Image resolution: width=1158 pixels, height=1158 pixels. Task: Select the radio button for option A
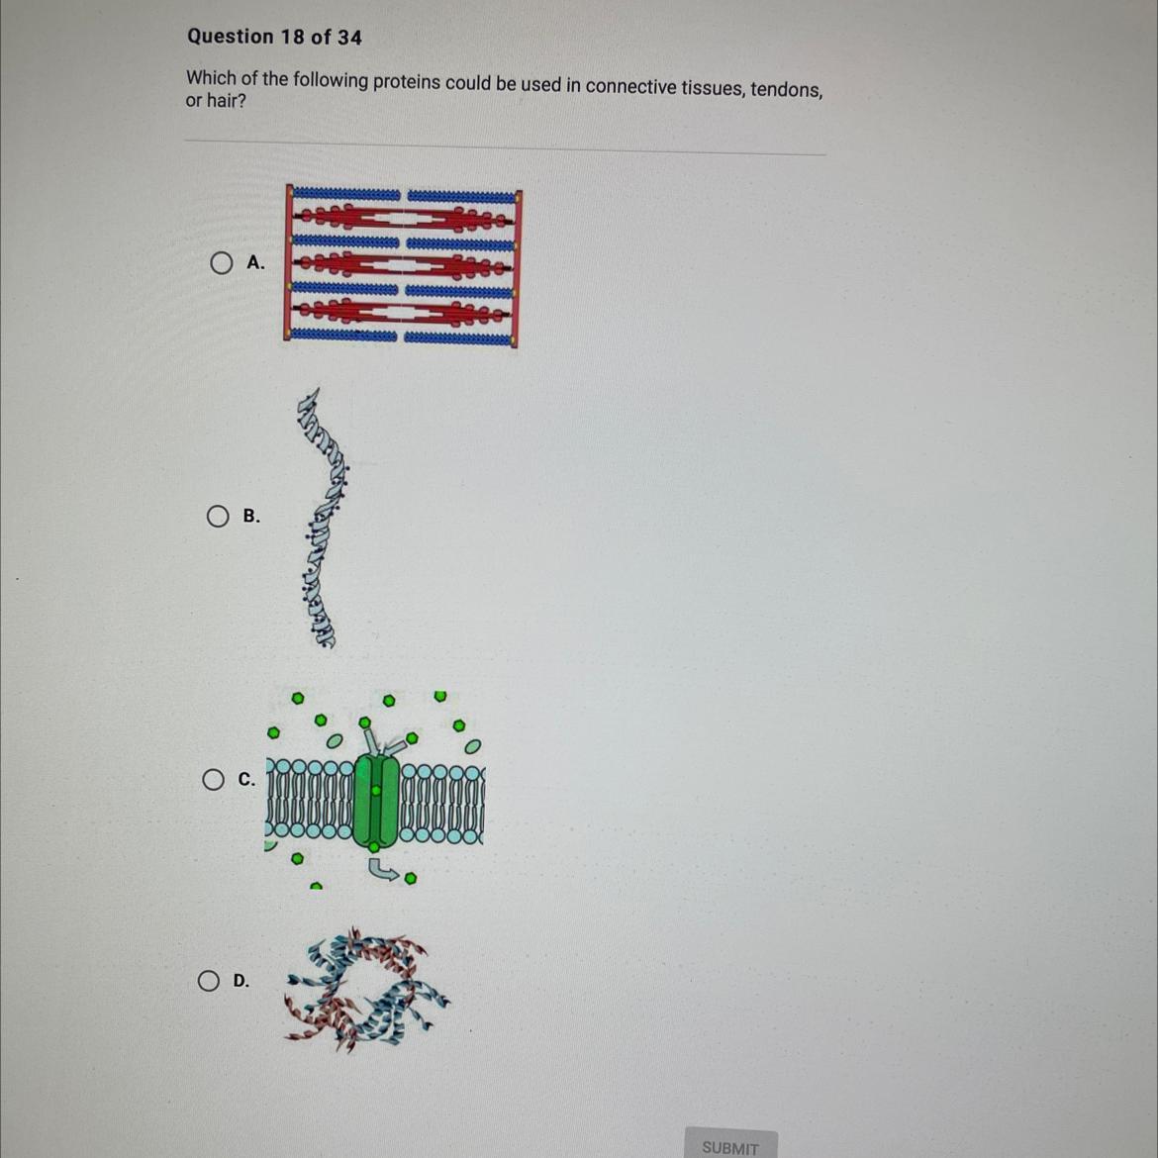[x=221, y=263]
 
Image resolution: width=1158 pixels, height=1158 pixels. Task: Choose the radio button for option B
[x=217, y=517]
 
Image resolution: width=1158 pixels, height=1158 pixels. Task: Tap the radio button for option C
[x=214, y=779]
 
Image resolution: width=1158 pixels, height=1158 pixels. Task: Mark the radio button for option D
[x=208, y=981]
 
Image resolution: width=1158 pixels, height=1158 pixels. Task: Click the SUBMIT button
[x=730, y=1144]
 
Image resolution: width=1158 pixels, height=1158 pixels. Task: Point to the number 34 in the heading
[x=349, y=38]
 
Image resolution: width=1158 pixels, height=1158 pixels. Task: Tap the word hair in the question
[x=226, y=100]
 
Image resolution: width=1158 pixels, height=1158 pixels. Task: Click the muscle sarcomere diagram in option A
[x=403, y=265]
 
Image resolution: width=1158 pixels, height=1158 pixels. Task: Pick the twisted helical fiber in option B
[x=322, y=518]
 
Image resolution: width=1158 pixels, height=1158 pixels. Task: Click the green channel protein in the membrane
[x=376, y=799]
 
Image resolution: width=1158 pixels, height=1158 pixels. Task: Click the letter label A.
[x=254, y=262]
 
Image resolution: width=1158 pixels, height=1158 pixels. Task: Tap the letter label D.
[x=241, y=981]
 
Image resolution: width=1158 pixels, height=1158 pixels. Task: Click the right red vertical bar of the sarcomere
[x=517, y=269]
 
